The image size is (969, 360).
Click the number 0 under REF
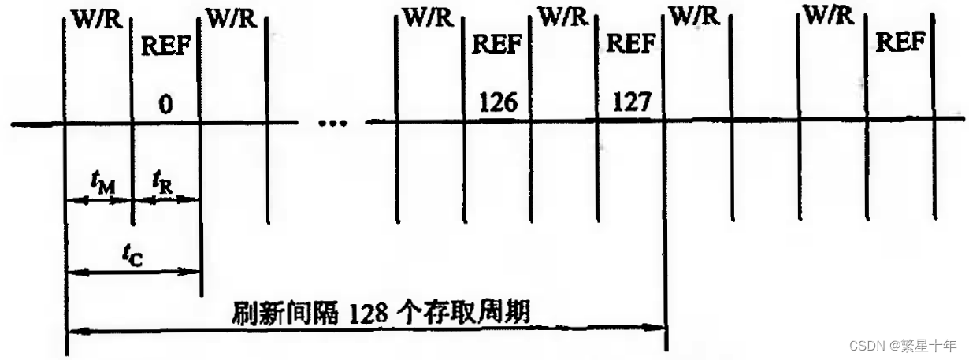click(x=165, y=105)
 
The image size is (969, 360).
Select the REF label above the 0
click(x=165, y=46)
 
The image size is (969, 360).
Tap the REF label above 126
click(x=497, y=44)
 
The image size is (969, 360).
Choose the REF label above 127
click(x=629, y=44)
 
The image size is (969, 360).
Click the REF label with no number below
click(x=900, y=43)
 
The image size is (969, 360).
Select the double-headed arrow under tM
click(x=99, y=200)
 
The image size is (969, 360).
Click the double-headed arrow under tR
click(x=165, y=200)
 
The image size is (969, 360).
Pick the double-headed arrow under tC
click(x=133, y=272)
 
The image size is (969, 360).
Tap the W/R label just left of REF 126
click(x=429, y=17)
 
